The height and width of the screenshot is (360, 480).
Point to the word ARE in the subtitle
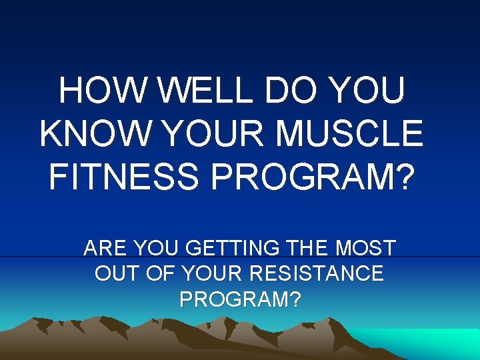pos(107,249)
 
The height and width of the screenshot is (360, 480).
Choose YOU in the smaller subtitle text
pos(157,249)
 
